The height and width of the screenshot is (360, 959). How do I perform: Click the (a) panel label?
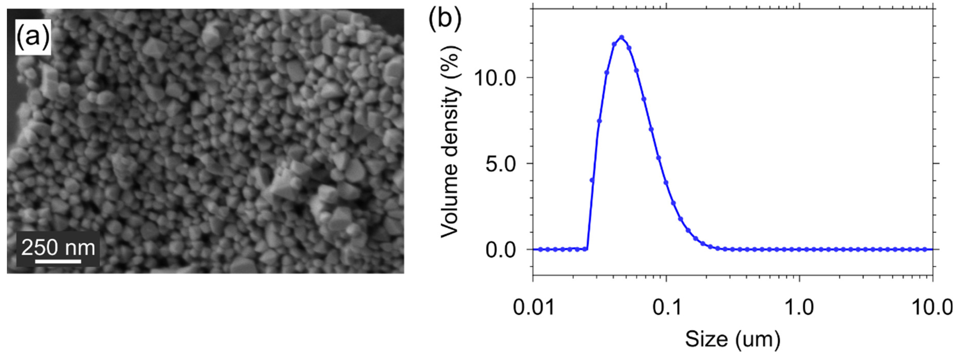(x=33, y=36)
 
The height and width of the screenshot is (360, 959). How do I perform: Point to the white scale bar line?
(x=58, y=261)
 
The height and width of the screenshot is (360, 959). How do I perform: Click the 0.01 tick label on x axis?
(x=533, y=307)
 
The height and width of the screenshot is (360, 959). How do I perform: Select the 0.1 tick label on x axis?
(x=666, y=307)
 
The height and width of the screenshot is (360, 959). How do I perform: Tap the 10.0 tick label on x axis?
(x=932, y=307)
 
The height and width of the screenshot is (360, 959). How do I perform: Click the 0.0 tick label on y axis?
(x=501, y=249)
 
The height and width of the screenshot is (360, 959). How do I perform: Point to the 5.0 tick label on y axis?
(x=501, y=163)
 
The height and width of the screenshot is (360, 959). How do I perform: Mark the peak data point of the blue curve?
(x=621, y=37)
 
